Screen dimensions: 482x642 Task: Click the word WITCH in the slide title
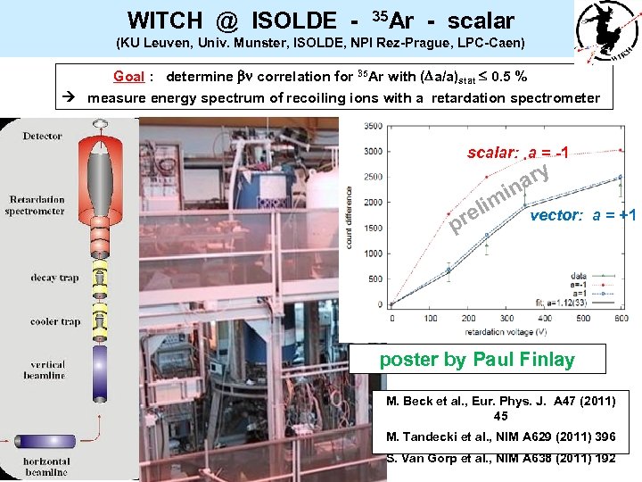coord(163,19)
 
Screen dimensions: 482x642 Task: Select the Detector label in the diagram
coord(43,136)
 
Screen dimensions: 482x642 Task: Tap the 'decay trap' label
coord(54,278)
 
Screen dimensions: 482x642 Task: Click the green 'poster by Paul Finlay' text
coord(477,360)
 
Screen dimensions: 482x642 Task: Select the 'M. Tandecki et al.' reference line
coord(500,436)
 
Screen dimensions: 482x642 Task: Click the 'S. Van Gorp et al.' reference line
coord(500,458)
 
